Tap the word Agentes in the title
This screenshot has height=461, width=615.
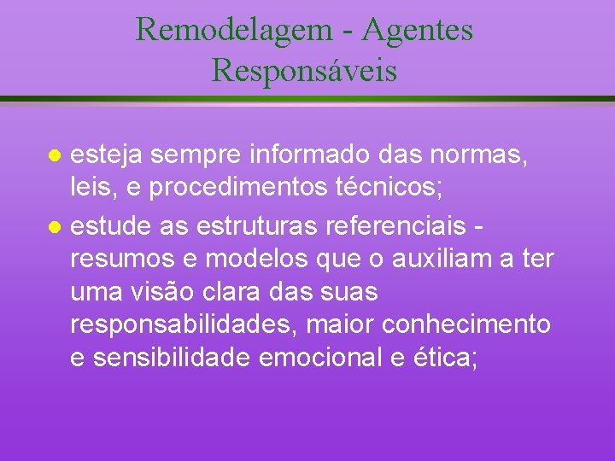[417, 31]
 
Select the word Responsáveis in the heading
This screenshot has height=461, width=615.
[305, 70]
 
